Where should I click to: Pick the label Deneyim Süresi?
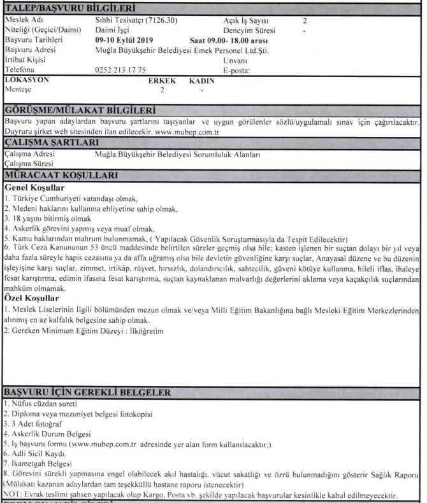click(x=250, y=30)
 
